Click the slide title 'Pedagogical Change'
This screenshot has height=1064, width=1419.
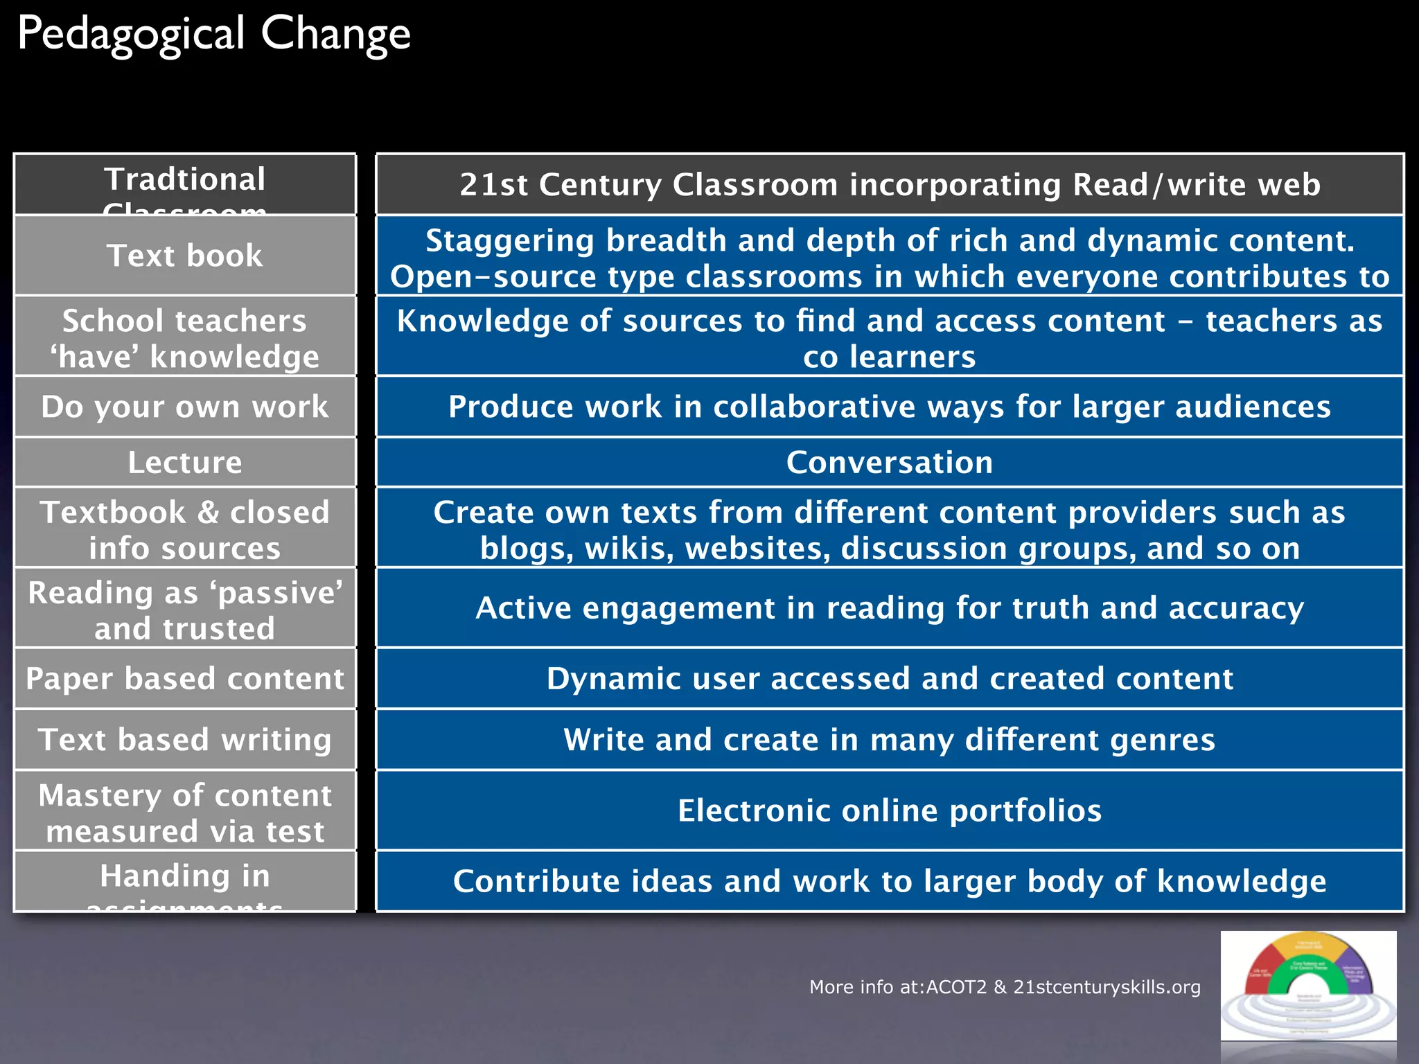(x=214, y=35)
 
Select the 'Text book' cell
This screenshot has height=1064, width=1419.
(x=185, y=256)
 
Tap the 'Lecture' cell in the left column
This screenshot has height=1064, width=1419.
(x=185, y=462)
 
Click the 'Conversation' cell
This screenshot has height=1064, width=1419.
(x=890, y=462)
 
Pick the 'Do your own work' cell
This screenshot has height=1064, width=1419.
(x=185, y=407)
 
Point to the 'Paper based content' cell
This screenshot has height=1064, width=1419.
(x=185, y=678)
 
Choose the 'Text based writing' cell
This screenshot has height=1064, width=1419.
(x=185, y=739)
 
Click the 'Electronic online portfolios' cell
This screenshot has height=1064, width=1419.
(x=890, y=810)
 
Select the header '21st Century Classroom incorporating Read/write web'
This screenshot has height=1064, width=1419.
(x=890, y=184)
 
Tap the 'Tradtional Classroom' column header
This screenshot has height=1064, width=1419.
(x=185, y=184)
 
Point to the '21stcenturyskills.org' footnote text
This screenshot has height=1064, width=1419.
(x=1107, y=987)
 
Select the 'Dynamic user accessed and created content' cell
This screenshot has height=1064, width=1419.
(x=890, y=678)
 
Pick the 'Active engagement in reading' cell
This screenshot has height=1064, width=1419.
(x=890, y=608)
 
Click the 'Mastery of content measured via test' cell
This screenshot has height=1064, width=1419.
(x=185, y=813)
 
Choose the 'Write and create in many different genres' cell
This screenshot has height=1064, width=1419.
(x=890, y=739)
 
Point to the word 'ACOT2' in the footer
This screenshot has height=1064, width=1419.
(x=955, y=987)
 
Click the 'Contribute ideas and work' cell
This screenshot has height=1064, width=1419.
(x=890, y=881)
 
